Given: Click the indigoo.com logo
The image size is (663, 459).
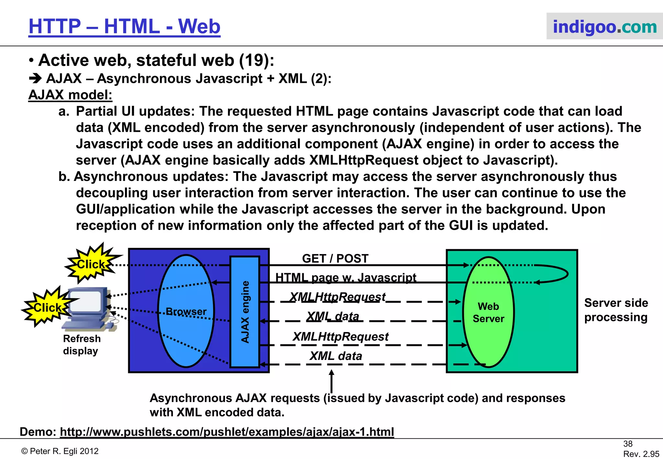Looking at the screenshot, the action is pyautogui.click(x=604, y=27).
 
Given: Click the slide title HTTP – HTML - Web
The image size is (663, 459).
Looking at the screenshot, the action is pyautogui.click(x=124, y=27).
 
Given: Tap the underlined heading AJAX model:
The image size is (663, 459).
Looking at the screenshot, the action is pyautogui.click(x=70, y=95).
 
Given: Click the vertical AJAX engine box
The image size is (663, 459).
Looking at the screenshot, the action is pyautogui.click(x=245, y=312).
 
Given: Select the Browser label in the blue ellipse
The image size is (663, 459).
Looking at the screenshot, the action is pyautogui.click(x=186, y=311).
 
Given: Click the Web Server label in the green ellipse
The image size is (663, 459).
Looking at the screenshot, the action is pyautogui.click(x=488, y=312).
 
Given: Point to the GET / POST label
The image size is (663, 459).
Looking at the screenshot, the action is pyautogui.click(x=335, y=258).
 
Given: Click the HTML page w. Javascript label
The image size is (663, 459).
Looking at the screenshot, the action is pyautogui.click(x=345, y=277).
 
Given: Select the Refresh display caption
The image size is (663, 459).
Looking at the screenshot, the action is pyautogui.click(x=82, y=345).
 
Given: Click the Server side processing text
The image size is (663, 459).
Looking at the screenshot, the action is pyautogui.click(x=616, y=310).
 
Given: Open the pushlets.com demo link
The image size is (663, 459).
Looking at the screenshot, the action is pyautogui.click(x=227, y=432).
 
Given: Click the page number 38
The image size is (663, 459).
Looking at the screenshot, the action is pyautogui.click(x=628, y=444).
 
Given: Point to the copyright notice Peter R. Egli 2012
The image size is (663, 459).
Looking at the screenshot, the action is pyautogui.click(x=60, y=451).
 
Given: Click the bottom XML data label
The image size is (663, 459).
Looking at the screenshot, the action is pyautogui.click(x=336, y=356).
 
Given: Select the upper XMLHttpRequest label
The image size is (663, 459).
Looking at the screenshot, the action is pyautogui.click(x=337, y=297).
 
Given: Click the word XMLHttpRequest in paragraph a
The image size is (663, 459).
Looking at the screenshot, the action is pyautogui.click(x=364, y=160).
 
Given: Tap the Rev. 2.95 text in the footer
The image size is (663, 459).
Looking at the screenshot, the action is pyautogui.click(x=641, y=454).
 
